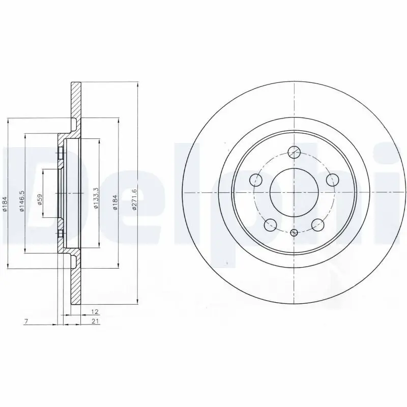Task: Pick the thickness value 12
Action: click(94, 311)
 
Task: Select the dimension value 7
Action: click(25, 321)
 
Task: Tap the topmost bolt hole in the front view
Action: click(294, 152)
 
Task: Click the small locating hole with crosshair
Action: click(294, 232)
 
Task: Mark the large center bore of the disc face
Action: click(294, 193)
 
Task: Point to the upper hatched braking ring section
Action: click(76, 100)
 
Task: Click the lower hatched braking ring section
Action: click(76, 287)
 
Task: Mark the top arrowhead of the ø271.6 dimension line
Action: click(138, 84)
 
